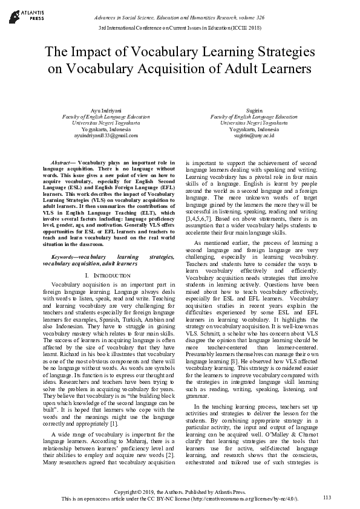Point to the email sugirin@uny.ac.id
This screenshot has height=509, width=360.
pyautogui.click(x=254, y=135)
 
